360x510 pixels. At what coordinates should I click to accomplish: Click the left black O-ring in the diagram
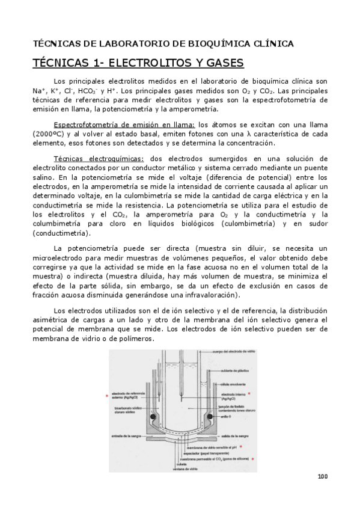[x=153, y=416]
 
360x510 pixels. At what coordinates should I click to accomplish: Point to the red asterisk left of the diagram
[x=107, y=396]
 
